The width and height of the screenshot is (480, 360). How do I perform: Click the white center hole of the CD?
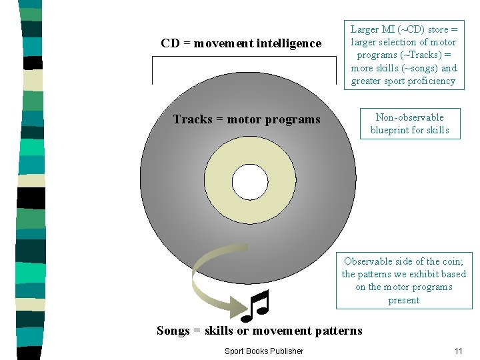coord(250,180)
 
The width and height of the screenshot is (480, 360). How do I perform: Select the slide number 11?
coord(458,351)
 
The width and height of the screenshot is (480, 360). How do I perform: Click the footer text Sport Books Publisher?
coord(263,351)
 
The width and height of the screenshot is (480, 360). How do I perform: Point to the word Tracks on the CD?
coord(192,120)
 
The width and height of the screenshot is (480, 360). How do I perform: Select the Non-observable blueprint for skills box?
coord(408,123)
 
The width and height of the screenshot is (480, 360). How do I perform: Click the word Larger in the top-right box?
coord(365,29)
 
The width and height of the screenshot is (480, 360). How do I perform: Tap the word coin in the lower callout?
coord(450,261)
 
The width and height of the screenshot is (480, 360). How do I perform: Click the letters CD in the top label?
coord(170,43)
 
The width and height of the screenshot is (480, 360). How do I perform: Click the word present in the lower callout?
coord(404,300)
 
